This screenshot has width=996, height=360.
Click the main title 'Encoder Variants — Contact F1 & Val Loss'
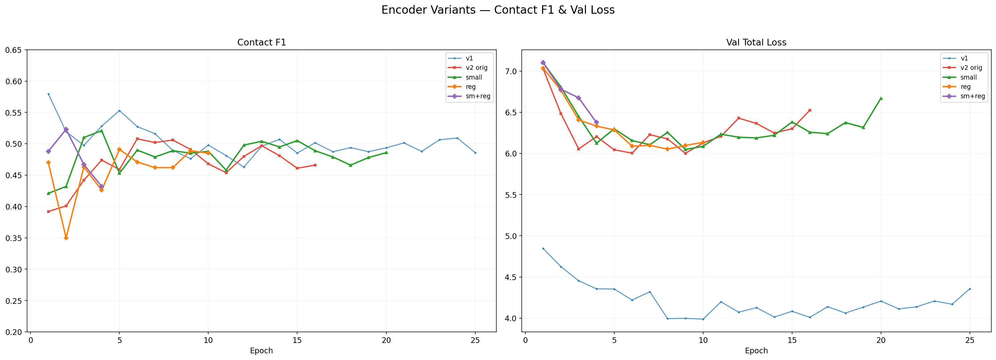click(498, 10)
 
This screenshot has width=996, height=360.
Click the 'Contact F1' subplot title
click(261, 42)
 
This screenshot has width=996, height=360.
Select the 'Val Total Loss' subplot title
click(756, 42)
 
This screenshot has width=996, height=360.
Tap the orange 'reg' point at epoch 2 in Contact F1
click(66, 238)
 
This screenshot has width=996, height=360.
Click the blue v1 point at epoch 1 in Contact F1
click(48, 94)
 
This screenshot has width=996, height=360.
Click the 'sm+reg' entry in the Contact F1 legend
click(478, 96)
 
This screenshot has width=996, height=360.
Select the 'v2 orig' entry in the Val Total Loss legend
click(972, 68)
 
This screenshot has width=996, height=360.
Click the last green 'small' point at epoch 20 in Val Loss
click(881, 98)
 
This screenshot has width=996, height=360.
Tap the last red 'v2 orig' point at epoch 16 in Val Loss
click(810, 110)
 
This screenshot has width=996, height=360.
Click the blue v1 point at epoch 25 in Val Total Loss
click(970, 289)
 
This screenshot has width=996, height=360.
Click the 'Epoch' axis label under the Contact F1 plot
click(261, 351)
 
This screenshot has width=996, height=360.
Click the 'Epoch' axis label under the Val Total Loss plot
click(756, 351)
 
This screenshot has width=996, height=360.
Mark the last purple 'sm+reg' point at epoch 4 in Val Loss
click(596, 122)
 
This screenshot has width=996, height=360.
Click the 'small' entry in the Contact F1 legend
click(474, 77)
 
